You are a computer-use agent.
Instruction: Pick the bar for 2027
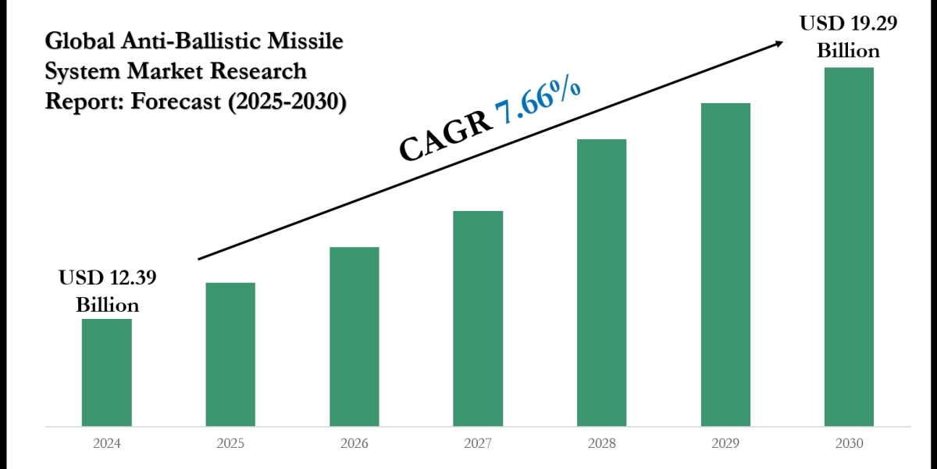pos(478,318)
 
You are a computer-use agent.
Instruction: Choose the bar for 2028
pos(601,282)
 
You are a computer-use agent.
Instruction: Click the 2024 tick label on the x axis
pos(107,443)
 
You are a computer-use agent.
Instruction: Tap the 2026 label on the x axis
pos(354,443)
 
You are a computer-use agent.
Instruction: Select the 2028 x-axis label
pos(601,443)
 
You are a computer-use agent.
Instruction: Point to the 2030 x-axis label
pos(849,443)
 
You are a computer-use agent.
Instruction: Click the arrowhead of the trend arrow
pos(778,44)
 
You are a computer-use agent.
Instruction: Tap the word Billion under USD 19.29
pos(849,51)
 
